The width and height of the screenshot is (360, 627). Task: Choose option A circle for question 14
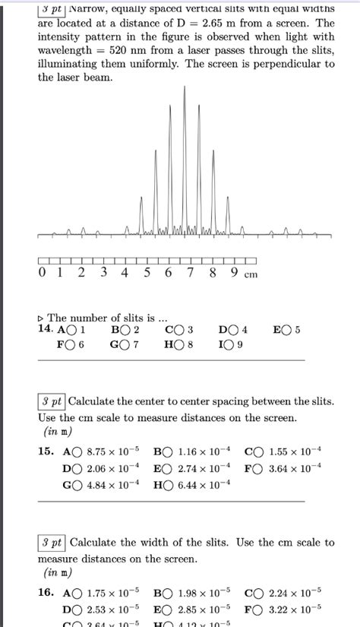click(72, 330)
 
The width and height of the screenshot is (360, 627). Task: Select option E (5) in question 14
click(286, 330)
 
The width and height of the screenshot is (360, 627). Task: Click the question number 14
click(45, 330)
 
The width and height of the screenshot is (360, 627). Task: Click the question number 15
click(45, 451)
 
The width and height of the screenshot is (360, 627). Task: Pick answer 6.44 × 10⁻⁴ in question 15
click(167, 485)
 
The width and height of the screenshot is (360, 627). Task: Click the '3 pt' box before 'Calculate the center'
click(52, 401)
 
